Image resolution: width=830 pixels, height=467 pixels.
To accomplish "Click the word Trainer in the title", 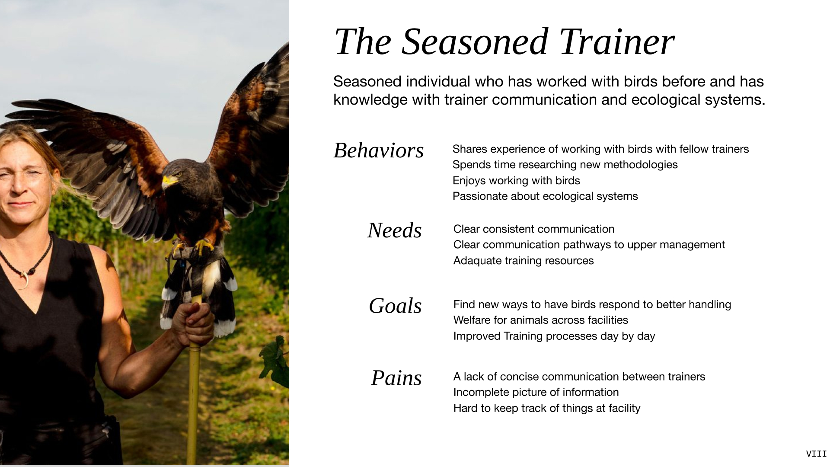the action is tap(617, 42).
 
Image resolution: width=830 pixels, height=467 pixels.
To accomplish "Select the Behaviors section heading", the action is tap(379, 150).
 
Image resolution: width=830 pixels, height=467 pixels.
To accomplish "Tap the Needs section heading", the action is tap(395, 230).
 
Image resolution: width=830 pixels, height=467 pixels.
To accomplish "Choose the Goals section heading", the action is tap(395, 306).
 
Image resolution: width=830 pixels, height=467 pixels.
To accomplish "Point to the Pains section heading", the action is tap(396, 378).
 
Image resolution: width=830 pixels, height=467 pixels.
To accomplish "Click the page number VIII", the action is tap(816, 454).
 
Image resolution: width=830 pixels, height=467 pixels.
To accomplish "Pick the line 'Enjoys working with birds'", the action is tap(516, 181).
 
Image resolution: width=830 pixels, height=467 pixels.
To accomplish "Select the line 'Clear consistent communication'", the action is tap(534, 229).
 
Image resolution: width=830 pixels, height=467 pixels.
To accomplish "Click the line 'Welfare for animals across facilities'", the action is tap(541, 320).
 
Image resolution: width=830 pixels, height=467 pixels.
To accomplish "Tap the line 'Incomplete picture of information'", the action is tap(536, 393).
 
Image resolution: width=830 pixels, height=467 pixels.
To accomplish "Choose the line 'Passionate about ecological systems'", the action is tap(545, 196).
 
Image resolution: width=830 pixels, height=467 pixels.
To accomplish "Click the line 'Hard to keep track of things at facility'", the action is tap(547, 409).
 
